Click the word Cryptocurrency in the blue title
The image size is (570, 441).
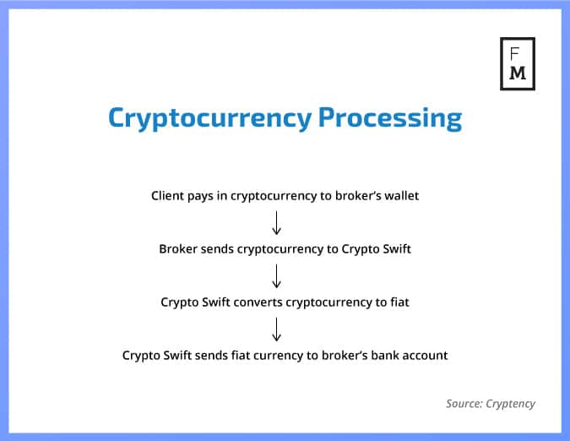[x=209, y=117]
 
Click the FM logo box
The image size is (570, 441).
[x=518, y=63]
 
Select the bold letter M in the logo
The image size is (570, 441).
[x=518, y=73]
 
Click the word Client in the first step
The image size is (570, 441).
[x=168, y=195]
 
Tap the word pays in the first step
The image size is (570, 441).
[x=205, y=196]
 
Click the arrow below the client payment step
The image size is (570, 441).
[x=277, y=222]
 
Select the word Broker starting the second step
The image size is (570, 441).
[x=178, y=249]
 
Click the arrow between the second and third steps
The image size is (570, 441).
[x=277, y=275]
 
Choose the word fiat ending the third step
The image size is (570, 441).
[x=398, y=302]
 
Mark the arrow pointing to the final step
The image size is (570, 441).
[x=277, y=328]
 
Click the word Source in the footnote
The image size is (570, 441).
[x=464, y=404]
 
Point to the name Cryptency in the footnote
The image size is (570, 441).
[x=511, y=404]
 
